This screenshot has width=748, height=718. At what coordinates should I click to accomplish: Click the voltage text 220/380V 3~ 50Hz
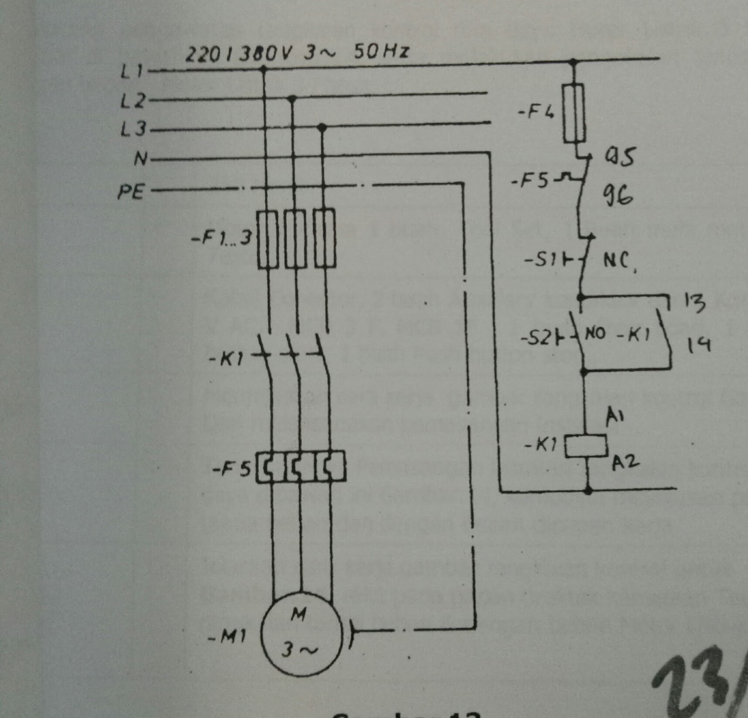(297, 52)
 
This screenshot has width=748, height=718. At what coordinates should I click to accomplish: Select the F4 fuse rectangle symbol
(574, 113)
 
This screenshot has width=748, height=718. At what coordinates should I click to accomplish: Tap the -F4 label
(536, 113)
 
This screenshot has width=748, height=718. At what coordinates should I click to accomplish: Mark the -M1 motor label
(226, 636)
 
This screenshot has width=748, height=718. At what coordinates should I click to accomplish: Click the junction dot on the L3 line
(322, 127)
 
